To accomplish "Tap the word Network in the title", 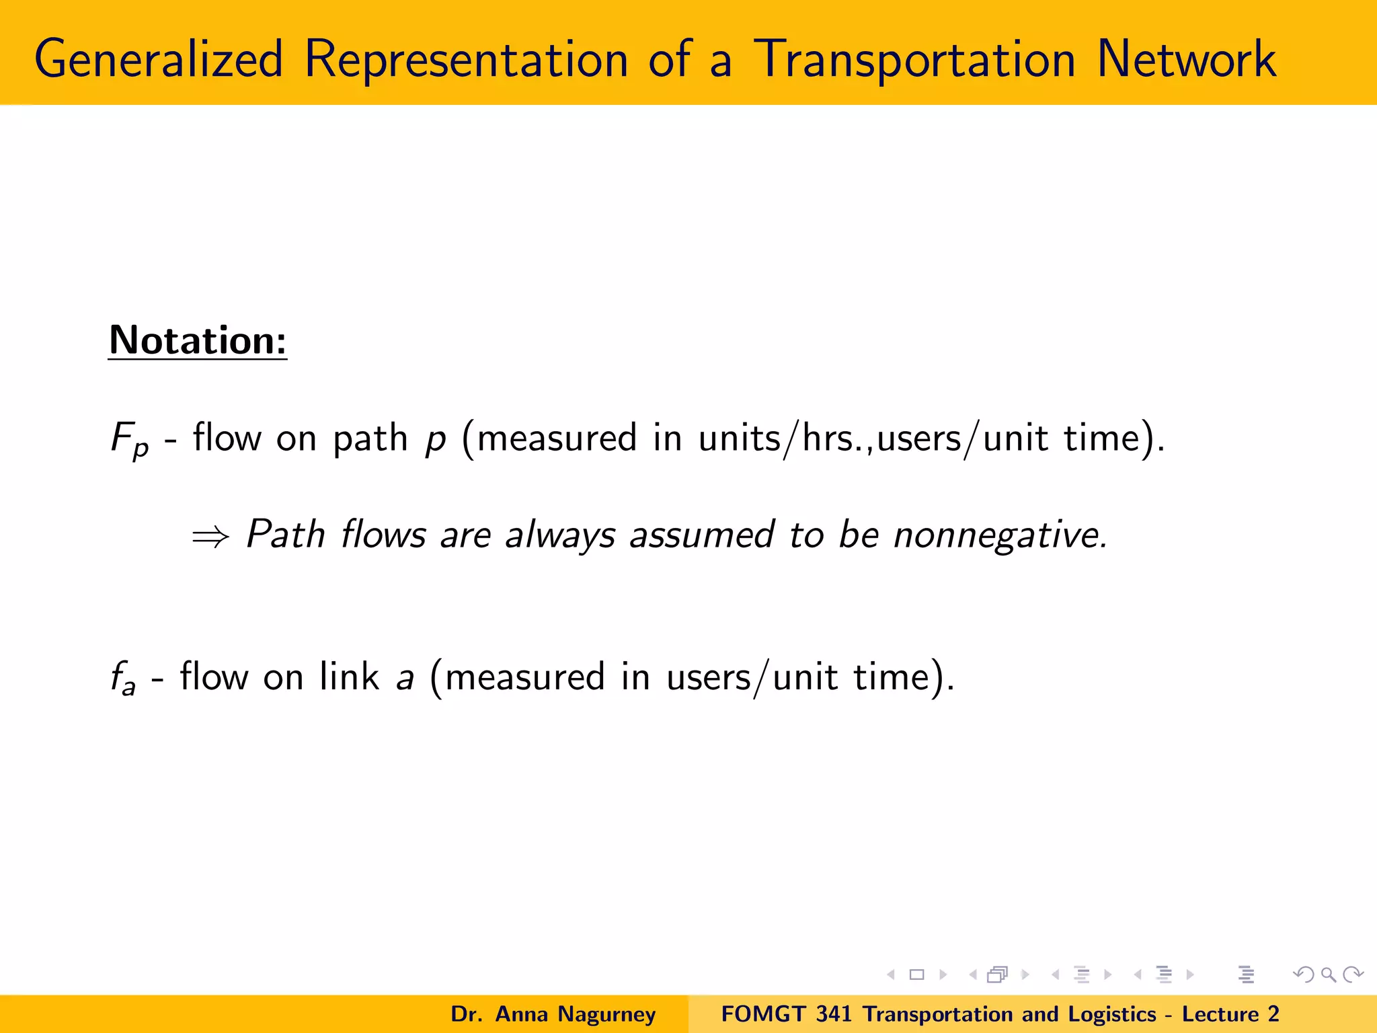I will pyautogui.click(x=1186, y=59).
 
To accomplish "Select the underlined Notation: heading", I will pyautogui.click(x=198, y=340).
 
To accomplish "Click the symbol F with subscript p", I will pyautogui.click(x=129, y=439).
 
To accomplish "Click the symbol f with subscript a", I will pyautogui.click(x=123, y=678).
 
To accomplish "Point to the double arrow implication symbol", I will pyautogui.click(x=210, y=537).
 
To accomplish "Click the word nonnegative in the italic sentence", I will pyautogui.click(x=999, y=535).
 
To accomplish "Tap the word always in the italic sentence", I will pyautogui.click(x=560, y=537).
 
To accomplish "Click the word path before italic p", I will pyautogui.click(x=370, y=438).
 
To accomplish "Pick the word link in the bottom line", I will pyautogui.click(x=349, y=677).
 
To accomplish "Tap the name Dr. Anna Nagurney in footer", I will pyautogui.click(x=553, y=1014).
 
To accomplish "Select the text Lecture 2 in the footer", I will pyautogui.click(x=1230, y=1014).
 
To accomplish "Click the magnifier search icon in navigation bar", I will pyautogui.click(x=1328, y=974).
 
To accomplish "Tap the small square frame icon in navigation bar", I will pyautogui.click(x=916, y=974).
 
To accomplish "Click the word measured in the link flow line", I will pyautogui.click(x=524, y=677).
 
